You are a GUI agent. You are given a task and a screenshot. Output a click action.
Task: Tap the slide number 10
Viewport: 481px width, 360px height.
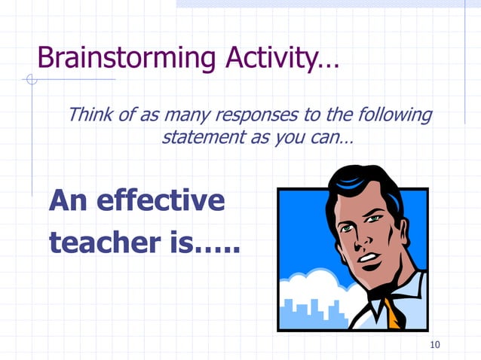[x=434, y=345]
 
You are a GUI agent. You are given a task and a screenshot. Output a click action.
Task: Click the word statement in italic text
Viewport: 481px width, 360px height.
[x=201, y=138]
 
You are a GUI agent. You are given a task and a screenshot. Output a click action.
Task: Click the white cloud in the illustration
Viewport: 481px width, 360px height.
[x=309, y=286]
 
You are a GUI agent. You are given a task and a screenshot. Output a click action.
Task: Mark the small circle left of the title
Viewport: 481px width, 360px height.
[x=31, y=79]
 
